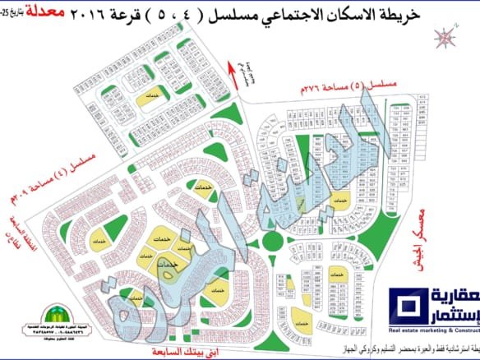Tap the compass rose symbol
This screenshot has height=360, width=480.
445,37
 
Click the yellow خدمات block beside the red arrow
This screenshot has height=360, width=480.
149,96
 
